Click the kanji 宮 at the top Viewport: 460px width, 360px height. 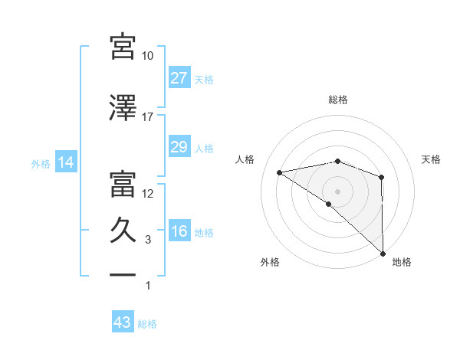pos(123,46)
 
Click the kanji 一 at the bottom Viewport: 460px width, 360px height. pos(123,273)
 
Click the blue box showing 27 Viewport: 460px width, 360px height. pos(179,78)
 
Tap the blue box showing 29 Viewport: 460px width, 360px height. pos(179,147)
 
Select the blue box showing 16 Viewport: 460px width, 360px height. pos(179,232)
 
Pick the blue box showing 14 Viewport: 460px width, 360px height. pos(64,162)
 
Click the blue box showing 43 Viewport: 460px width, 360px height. pos(123,322)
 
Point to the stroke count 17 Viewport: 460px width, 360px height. pos(147,116)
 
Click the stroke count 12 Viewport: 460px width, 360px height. pos(147,193)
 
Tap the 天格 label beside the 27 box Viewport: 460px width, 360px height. pos(204,79)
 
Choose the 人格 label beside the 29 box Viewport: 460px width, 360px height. pos(204,148)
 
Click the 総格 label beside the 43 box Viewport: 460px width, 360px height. pos(147,323)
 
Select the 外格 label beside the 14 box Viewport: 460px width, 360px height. pos(40,163)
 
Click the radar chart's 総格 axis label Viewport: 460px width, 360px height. pos(337,100)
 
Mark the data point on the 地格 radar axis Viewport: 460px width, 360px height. pos(382,252)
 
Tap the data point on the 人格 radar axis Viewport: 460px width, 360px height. pos(280,172)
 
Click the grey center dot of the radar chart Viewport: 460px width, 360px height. pos(337,190)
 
